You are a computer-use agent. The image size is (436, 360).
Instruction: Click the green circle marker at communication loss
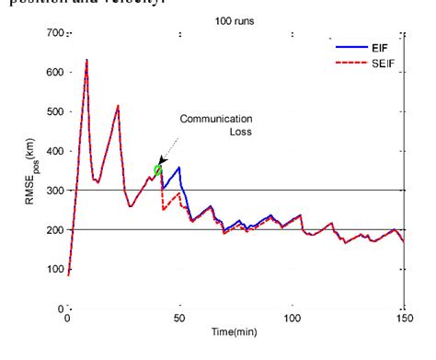[x=158, y=170]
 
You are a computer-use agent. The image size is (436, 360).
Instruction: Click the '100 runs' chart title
[x=236, y=18]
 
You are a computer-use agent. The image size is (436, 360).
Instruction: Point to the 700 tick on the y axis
[x=54, y=34]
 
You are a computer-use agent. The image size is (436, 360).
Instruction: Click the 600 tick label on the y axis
[x=54, y=73]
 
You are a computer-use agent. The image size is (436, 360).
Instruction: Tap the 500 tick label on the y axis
[x=54, y=112]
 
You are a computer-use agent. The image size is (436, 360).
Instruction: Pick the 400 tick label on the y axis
[x=54, y=151]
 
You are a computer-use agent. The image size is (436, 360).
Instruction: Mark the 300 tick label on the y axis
[x=54, y=191]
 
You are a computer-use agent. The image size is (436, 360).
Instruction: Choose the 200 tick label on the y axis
[x=54, y=230]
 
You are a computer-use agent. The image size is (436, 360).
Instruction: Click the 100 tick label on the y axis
[x=54, y=269]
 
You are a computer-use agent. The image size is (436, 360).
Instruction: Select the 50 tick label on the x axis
[x=179, y=318]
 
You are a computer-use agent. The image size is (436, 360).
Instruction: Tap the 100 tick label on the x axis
[x=292, y=318]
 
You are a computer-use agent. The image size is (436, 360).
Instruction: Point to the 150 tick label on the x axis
[x=404, y=318]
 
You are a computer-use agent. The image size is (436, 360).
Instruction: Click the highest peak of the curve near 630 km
[x=86, y=61]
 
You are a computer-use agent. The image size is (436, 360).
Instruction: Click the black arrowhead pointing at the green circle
[x=162, y=161]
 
